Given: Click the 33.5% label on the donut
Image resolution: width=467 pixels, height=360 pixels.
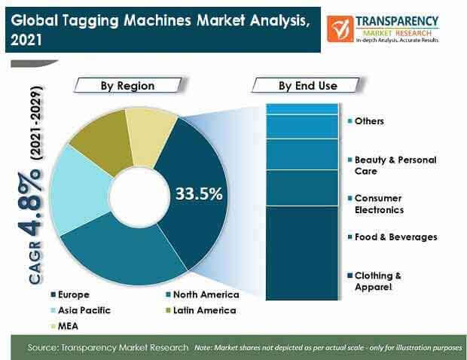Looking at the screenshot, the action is click(x=199, y=194).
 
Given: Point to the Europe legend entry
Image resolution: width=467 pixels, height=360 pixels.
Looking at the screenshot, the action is click(x=70, y=294).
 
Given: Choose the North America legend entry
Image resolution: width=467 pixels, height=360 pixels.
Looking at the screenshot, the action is click(x=203, y=294).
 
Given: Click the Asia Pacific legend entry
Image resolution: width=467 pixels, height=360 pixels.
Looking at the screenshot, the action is click(x=81, y=310).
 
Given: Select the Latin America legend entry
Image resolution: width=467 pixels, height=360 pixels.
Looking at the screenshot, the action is click(x=201, y=310).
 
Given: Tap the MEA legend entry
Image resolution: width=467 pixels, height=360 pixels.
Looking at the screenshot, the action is click(x=65, y=326).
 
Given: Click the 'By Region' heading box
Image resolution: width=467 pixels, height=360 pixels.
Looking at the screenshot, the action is click(x=128, y=86).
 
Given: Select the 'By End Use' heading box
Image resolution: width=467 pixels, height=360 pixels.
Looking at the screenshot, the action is click(x=307, y=86).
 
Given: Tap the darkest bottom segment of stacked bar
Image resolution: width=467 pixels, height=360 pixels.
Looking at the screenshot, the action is click(x=302, y=253).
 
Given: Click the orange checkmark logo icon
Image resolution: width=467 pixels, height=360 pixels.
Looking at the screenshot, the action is click(x=340, y=29).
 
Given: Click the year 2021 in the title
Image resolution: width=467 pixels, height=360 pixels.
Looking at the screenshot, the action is click(x=26, y=40).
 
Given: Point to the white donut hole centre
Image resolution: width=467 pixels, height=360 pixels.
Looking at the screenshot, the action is click(x=139, y=197).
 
